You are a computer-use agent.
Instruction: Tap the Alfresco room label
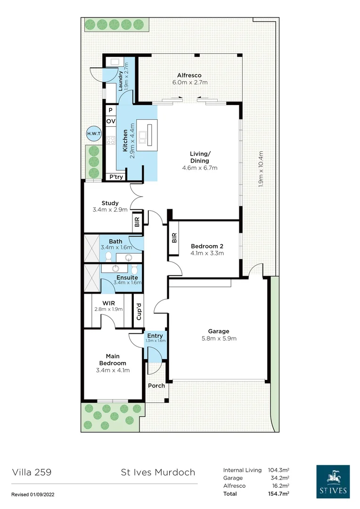click(189, 75)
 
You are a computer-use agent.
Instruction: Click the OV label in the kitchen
click(111, 122)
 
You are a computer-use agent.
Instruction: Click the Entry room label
click(155, 336)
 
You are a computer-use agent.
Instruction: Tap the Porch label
click(156, 386)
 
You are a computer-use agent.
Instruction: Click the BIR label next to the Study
click(137, 222)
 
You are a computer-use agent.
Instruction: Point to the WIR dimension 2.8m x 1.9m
click(108, 310)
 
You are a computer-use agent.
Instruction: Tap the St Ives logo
click(333, 482)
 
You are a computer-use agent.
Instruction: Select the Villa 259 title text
click(32, 472)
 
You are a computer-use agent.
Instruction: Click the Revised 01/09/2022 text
click(36, 494)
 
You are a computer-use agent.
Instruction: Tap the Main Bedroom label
click(113, 360)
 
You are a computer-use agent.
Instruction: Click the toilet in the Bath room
click(108, 256)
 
